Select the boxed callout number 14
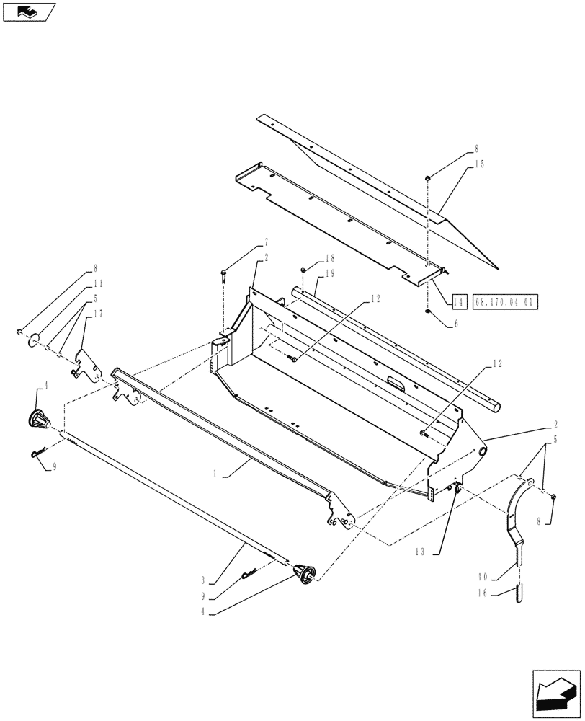coord(461,302)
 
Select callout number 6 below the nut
coord(456,324)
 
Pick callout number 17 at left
coord(98,313)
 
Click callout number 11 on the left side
coord(98,283)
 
